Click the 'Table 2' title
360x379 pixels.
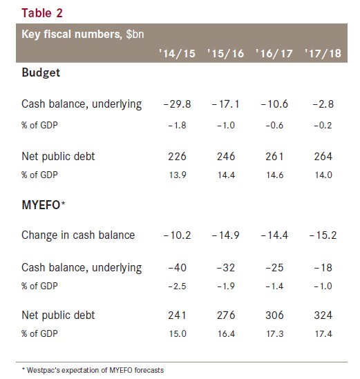42,13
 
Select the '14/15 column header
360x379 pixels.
177,53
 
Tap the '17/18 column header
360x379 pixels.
323,53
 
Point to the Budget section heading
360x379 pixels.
41,72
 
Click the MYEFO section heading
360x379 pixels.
44,205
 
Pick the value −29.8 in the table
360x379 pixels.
177,104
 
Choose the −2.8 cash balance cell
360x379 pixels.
323,104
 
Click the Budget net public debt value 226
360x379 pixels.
177,157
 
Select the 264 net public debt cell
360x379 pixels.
323,157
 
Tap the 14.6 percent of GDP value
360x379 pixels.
274,175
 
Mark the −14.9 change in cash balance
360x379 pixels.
225,235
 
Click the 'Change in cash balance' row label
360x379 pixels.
78,235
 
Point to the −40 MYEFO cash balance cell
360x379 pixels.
177,268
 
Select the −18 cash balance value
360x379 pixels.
323,268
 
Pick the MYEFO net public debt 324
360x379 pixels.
323,315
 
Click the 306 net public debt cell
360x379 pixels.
274,315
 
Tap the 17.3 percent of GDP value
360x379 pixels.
274,334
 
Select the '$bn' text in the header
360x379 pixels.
135,34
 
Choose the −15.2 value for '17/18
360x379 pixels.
323,235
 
